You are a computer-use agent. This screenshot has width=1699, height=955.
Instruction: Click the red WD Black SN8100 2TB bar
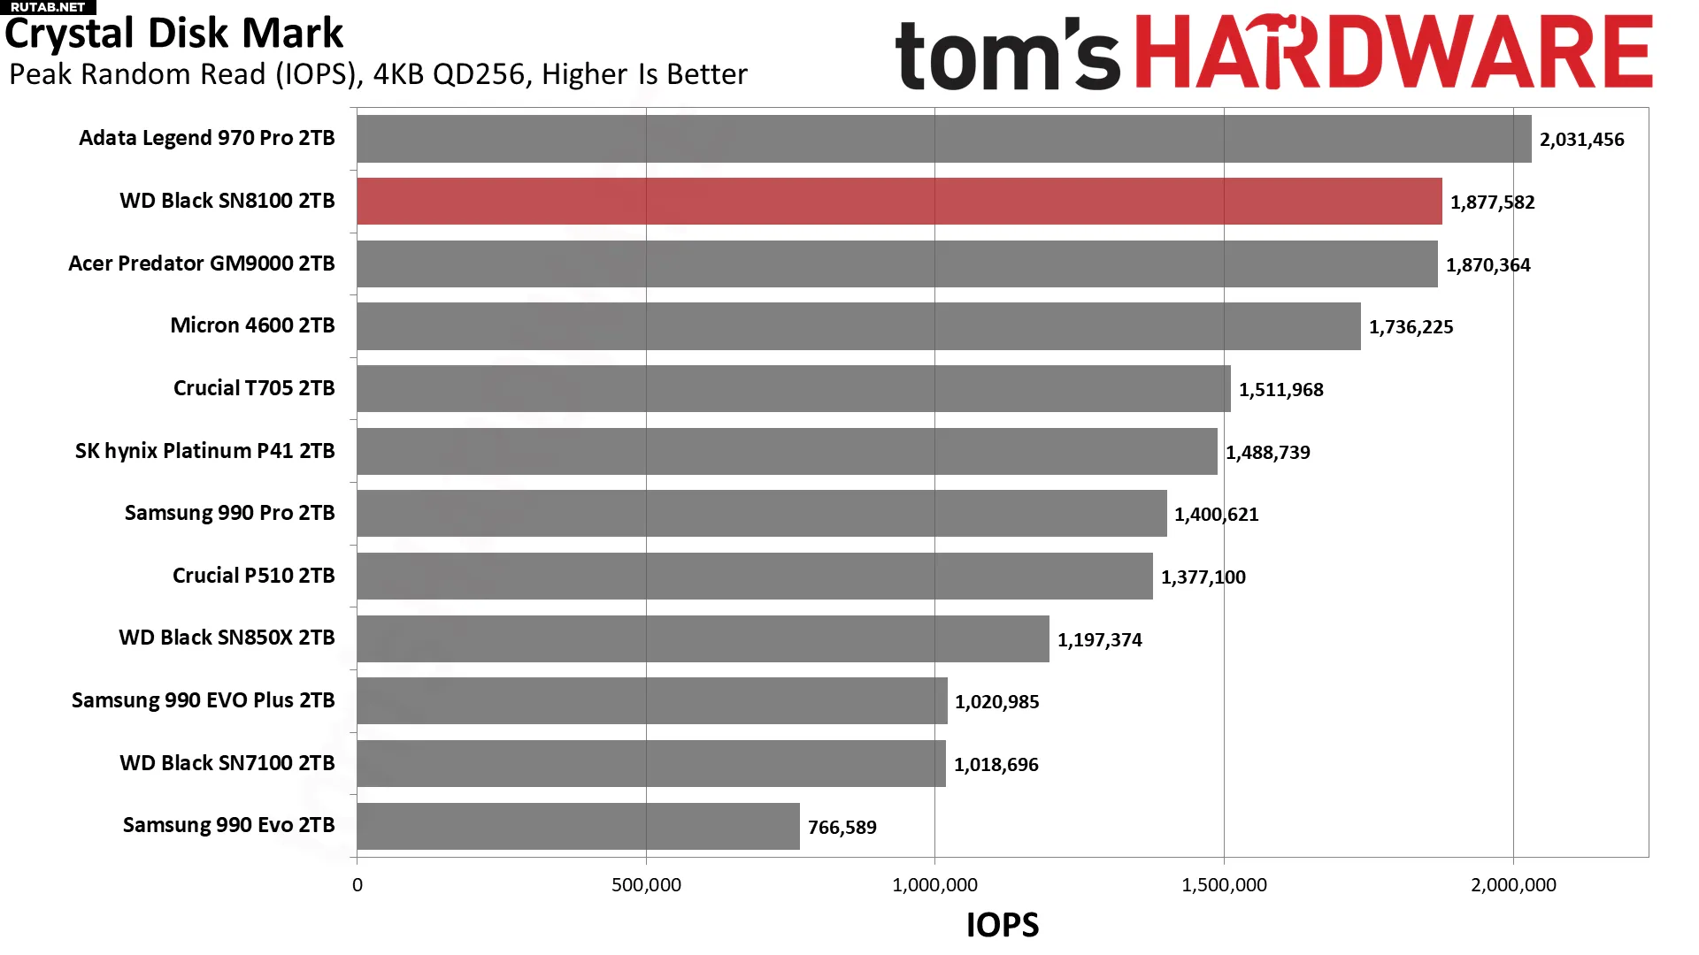tap(898, 201)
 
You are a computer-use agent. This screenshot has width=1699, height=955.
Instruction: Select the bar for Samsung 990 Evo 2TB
tap(578, 826)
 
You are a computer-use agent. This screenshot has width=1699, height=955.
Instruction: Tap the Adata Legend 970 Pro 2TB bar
tap(943, 139)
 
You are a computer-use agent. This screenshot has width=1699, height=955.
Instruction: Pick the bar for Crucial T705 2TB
tap(793, 388)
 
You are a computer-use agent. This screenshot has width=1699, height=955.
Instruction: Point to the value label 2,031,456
tap(1581, 140)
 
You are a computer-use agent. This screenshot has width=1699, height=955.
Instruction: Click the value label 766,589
tap(842, 828)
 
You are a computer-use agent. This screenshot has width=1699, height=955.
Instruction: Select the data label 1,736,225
tap(1411, 327)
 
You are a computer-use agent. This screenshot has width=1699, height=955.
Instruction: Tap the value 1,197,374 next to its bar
tap(1099, 640)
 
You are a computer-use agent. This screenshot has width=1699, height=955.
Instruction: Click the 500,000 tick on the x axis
tap(646, 885)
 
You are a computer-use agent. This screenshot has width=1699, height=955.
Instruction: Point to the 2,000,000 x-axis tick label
tap(1513, 885)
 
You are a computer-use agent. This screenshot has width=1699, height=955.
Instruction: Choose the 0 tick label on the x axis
tap(357, 885)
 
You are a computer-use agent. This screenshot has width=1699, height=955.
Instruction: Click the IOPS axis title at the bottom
tap(1002, 925)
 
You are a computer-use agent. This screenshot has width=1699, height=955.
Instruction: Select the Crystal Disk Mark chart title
tap(173, 34)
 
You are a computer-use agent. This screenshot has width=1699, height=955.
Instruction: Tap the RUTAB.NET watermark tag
tap(48, 7)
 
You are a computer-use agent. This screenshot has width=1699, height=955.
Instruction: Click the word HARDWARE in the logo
tap(1394, 53)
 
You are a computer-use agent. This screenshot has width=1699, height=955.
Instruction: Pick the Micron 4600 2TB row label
tap(252, 325)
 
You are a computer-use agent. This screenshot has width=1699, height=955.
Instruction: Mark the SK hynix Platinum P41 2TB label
tap(204, 451)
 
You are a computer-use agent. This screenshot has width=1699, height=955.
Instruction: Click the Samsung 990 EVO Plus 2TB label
tap(203, 700)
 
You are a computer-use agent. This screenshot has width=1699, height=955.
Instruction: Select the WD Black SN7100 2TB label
tap(227, 763)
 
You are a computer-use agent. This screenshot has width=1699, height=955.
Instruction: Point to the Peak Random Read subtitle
tap(378, 74)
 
